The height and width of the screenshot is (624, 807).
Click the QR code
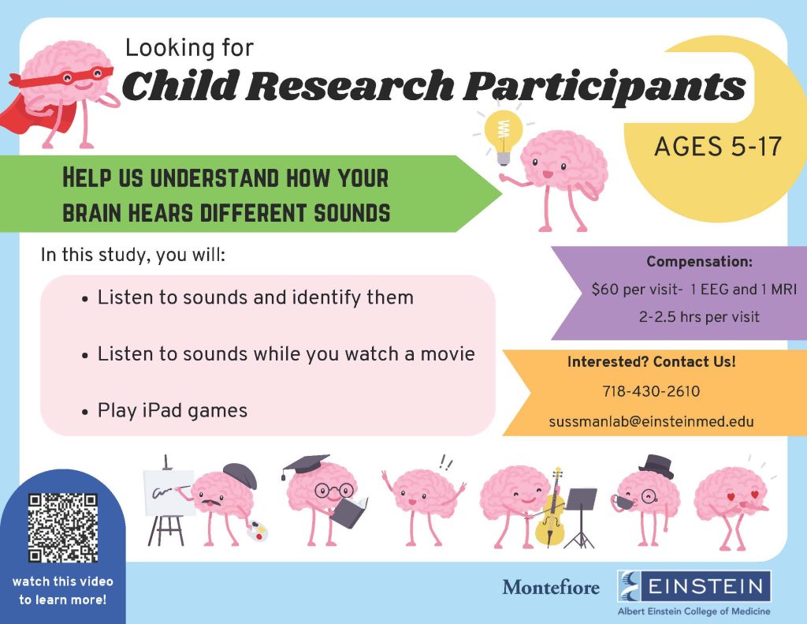(x=63, y=528)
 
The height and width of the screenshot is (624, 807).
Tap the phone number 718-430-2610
(x=651, y=391)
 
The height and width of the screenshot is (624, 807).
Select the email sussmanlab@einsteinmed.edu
(x=651, y=421)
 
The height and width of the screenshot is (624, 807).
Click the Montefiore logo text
(x=551, y=587)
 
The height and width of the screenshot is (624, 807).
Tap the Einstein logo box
(x=694, y=586)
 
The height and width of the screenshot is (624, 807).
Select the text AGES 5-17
(x=718, y=147)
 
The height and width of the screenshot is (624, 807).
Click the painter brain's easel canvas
(x=169, y=492)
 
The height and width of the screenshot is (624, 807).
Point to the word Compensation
(x=698, y=261)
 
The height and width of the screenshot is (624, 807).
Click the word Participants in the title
(x=604, y=85)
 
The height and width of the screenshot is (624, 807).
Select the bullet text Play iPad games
(x=173, y=411)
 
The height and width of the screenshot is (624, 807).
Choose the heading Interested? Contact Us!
(x=652, y=362)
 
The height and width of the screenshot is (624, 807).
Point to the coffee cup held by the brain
(x=621, y=501)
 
